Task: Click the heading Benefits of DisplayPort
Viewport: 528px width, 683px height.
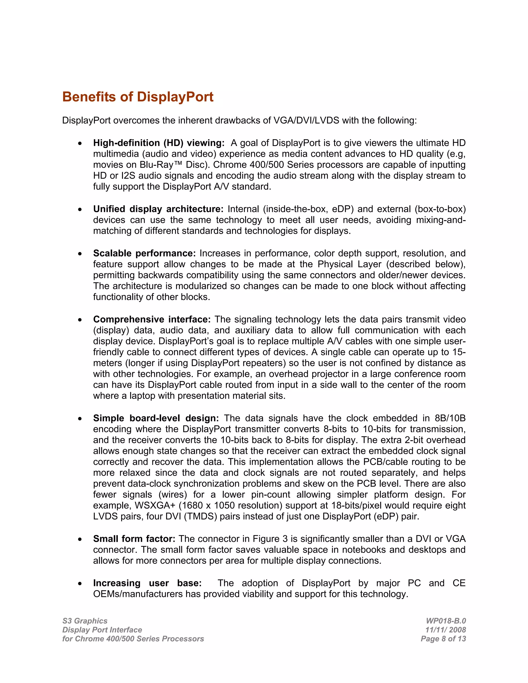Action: [x=138, y=97]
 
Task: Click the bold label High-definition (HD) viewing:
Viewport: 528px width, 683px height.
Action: [x=159, y=143]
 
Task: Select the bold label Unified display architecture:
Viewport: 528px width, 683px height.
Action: [x=158, y=209]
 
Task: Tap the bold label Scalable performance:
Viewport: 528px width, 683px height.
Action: [x=144, y=253]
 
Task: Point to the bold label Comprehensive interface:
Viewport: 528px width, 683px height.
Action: [x=152, y=319]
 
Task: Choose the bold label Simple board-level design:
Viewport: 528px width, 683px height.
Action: [x=156, y=418]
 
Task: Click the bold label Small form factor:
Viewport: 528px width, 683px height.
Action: [x=134, y=539]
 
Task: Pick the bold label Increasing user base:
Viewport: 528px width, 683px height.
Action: [x=147, y=583]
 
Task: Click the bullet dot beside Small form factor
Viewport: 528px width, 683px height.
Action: [x=80, y=539]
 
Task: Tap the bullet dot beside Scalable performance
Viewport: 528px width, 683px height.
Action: [x=80, y=254]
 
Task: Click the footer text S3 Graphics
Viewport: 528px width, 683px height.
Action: [x=85, y=621]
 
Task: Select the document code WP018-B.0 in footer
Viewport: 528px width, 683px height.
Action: [x=446, y=621]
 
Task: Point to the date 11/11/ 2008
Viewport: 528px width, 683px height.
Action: [x=445, y=630]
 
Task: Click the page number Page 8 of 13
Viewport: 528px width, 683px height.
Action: [x=443, y=639]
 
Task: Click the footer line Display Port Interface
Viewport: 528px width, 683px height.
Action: [x=102, y=630]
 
